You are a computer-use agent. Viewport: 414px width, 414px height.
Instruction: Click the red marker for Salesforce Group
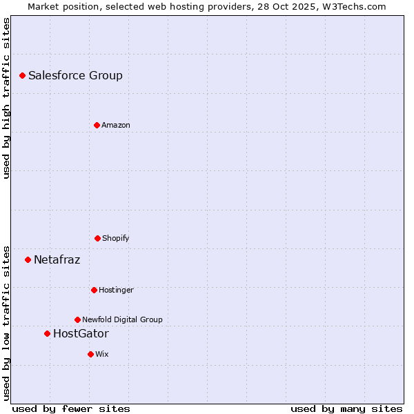[22, 75]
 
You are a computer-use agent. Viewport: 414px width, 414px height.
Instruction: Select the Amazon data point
[97, 125]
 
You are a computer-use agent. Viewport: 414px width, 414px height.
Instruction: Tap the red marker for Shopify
[97, 238]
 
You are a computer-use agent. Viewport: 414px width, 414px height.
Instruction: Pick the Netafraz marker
[28, 259]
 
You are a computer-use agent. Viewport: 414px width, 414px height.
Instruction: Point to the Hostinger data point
[94, 290]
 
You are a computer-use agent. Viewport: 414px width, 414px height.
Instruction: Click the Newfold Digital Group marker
[77, 319]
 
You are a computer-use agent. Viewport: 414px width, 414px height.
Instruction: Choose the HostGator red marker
[47, 333]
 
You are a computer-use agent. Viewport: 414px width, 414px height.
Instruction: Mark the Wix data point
[90, 354]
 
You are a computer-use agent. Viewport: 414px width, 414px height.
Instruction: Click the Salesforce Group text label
[75, 76]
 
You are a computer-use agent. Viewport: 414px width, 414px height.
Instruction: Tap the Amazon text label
[116, 126]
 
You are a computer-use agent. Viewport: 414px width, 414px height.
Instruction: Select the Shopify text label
[116, 239]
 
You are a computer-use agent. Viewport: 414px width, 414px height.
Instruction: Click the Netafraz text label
[57, 260]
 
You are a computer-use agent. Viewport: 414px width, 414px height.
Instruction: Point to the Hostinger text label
[116, 290]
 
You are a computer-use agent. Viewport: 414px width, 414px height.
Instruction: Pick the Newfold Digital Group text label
[122, 320]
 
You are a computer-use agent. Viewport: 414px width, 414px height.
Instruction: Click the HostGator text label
[81, 334]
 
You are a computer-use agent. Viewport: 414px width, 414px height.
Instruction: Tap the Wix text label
[102, 355]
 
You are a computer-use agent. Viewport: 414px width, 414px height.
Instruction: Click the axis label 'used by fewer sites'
[71, 409]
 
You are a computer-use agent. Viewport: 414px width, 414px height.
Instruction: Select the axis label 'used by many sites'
[346, 409]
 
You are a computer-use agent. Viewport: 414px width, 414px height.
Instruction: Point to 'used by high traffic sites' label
[6, 98]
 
